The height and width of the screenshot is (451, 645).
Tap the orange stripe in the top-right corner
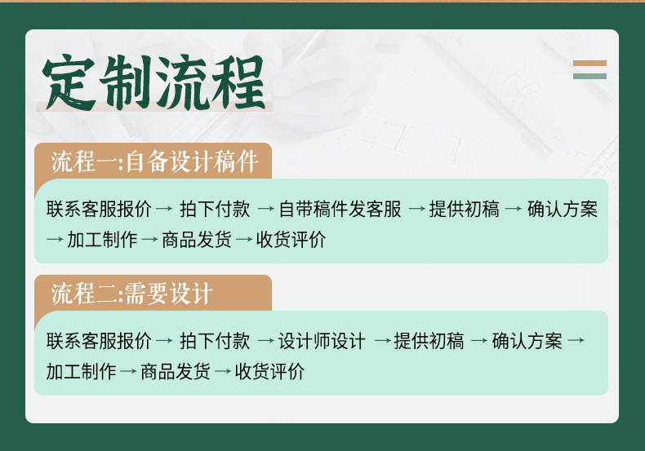tap(589, 63)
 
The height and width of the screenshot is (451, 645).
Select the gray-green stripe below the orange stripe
tap(589, 76)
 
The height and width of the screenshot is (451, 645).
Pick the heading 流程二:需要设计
tap(131, 294)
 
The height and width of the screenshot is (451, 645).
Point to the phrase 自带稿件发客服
tap(340, 210)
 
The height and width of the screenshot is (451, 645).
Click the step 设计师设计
tap(322, 341)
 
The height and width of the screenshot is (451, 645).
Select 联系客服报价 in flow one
tap(99, 210)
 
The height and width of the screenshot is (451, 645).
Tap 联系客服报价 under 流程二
tap(99, 341)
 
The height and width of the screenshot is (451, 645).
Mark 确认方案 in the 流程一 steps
tap(563, 210)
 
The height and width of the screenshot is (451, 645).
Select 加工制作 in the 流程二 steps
tap(82, 373)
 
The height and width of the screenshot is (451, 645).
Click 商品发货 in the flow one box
tap(197, 241)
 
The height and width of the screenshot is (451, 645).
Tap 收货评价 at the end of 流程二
tap(269, 373)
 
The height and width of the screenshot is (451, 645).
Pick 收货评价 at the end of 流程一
tap(291, 241)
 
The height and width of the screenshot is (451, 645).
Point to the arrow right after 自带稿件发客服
tap(416, 210)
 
